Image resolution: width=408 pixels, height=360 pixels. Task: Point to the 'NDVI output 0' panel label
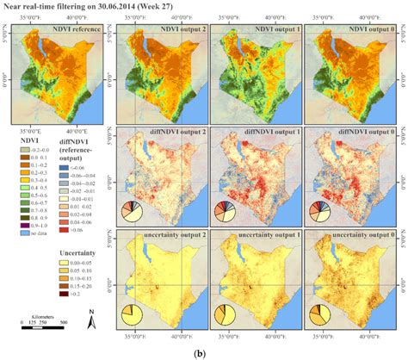pos(353,29)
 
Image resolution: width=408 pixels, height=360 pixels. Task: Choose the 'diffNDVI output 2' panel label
pos(158,129)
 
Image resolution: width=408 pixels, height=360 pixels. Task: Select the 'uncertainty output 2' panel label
pos(158,236)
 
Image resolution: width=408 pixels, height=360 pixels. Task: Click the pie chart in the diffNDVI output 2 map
pos(132,210)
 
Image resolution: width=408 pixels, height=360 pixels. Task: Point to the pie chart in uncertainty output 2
pos(132,317)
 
